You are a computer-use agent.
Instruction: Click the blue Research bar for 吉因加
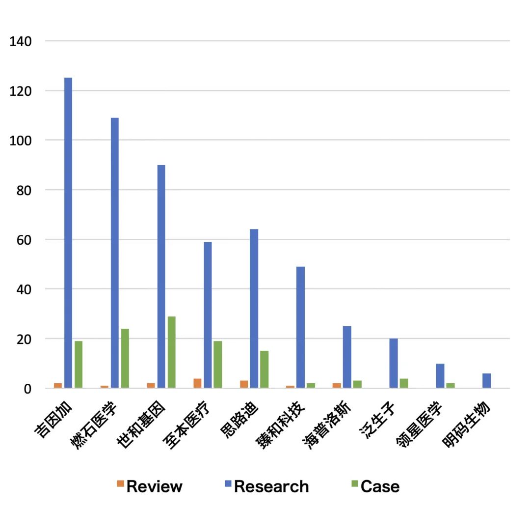(x=68, y=233)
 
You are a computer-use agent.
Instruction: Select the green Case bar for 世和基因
(x=171, y=352)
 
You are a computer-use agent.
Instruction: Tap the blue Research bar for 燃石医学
(x=115, y=253)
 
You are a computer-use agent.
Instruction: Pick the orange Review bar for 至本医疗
(x=197, y=383)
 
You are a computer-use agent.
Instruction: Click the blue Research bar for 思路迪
(x=254, y=309)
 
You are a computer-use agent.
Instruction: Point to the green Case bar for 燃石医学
(x=125, y=358)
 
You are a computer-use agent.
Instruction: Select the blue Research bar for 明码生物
(x=486, y=381)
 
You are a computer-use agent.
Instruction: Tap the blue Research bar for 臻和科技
(x=300, y=327)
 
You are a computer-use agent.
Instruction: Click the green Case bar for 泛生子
(x=403, y=383)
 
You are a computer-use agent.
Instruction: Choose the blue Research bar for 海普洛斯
(x=347, y=357)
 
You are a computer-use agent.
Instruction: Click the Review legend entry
(x=149, y=486)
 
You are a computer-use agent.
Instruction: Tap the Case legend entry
(x=375, y=486)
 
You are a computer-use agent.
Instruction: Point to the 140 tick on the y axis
(x=21, y=41)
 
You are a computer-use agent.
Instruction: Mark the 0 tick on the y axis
(x=27, y=389)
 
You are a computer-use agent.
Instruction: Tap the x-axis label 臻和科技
(x=281, y=426)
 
